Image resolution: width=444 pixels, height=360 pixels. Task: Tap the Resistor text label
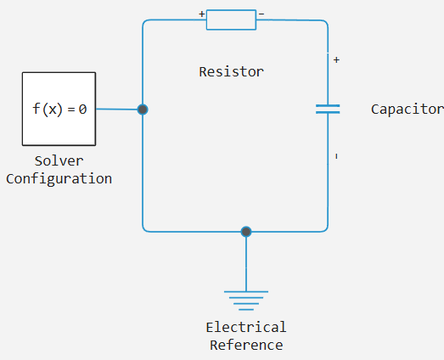[x=232, y=72]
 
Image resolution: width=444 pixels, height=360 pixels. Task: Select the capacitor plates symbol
[x=328, y=109]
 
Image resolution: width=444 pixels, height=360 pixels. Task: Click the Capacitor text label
[x=407, y=110]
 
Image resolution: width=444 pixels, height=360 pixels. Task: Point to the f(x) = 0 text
[x=59, y=110]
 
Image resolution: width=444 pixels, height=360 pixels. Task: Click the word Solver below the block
[x=59, y=161]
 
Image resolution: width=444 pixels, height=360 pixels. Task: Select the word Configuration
[x=59, y=179]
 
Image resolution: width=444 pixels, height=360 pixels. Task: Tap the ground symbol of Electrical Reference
[x=246, y=301]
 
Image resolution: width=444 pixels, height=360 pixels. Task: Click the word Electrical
[x=246, y=328]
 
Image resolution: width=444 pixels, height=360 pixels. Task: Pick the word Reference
[x=246, y=346]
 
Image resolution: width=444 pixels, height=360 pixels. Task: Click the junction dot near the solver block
[x=143, y=110]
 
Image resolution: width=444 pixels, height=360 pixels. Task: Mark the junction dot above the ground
[x=246, y=232]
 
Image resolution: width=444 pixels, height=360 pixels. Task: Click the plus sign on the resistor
[x=201, y=14]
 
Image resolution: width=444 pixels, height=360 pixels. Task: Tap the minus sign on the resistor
[x=261, y=14]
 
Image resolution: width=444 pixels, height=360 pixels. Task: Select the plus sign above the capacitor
[x=336, y=59]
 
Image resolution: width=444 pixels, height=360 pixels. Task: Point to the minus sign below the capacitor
[x=336, y=156]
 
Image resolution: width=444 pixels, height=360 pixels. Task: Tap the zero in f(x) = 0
[x=82, y=110]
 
